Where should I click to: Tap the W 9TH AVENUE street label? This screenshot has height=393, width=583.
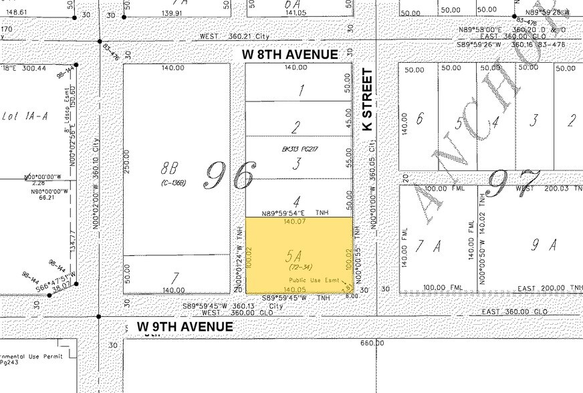(x=185, y=326)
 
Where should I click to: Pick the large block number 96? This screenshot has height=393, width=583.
(x=229, y=175)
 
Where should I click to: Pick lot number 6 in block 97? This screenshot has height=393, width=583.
(x=419, y=118)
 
